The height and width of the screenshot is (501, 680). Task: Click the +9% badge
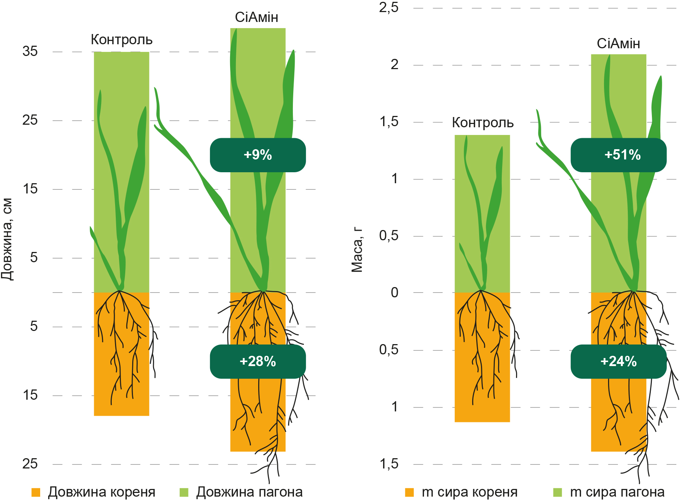click(x=258, y=155)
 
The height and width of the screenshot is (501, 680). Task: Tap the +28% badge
click(x=258, y=361)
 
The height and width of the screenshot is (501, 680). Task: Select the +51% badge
click(x=619, y=155)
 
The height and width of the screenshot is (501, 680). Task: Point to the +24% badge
click(x=619, y=361)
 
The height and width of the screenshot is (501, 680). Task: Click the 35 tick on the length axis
click(x=30, y=51)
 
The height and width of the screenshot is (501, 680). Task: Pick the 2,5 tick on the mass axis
click(x=389, y=7)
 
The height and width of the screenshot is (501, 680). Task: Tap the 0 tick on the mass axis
click(x=394, y=293)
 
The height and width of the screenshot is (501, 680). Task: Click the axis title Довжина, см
click(x=7, y=240)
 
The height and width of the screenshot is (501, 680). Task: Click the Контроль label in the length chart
click(x=122, y=40)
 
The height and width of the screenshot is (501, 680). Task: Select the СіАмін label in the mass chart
click(x=618, y=44)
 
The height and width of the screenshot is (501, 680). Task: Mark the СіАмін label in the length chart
click(x=256, y=17)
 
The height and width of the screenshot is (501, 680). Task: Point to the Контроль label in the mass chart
click(x=483, y=123)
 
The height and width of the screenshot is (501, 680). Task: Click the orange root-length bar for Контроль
click(x=122, y=354)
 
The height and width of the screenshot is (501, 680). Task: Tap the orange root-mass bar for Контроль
click(x=482, y=357)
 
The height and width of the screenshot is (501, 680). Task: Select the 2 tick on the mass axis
click(x=394, y=64)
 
